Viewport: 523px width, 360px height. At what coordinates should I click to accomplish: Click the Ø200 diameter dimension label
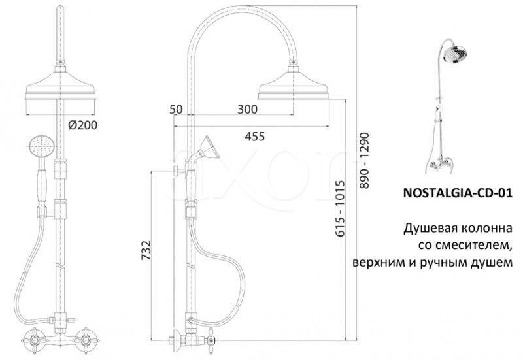[x=83, y=125]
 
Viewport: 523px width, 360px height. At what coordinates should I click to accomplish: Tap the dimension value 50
[x=176, y=109]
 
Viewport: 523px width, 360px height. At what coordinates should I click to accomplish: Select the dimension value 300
[x=248, y=109]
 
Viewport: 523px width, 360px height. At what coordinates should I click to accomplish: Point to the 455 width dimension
[x=255, y=137]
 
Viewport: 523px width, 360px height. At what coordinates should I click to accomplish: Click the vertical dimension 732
[x=146, y=251]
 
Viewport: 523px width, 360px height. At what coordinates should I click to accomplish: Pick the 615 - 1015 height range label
[x=339, y=208]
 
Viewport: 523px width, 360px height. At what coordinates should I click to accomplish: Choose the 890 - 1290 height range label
[x=365, y=161]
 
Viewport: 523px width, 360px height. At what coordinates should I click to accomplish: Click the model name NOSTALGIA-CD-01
[x=458, y=193]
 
